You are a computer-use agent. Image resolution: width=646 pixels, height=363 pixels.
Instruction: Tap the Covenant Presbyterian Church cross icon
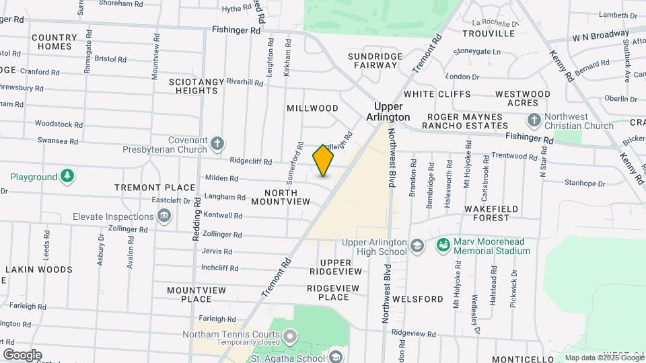click(217, 143)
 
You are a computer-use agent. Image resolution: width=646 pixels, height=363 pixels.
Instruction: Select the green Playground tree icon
click(67, 177)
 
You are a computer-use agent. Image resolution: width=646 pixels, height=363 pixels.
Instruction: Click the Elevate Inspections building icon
click(164, 216)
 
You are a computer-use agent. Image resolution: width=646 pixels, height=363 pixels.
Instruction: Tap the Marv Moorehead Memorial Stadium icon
click(443, 245)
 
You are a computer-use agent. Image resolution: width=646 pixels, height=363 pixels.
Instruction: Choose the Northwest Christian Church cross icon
click(534, 120)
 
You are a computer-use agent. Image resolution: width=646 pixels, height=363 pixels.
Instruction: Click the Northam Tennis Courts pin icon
click(290, 335)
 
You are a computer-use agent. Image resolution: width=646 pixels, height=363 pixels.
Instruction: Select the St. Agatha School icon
click(335, 358)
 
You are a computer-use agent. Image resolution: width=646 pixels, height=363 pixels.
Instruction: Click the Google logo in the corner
click(22, 355)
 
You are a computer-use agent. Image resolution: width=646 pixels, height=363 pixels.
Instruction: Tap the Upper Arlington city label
click(388, 112)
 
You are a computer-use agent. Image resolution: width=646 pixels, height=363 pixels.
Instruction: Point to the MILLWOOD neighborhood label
click(312, 108)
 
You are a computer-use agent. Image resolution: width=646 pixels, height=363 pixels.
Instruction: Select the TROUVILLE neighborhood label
click(489, 34)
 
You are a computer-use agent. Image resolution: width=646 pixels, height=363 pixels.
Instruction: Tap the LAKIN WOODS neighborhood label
click(39, 270)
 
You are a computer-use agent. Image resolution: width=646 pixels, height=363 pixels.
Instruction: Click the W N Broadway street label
click(600, 35)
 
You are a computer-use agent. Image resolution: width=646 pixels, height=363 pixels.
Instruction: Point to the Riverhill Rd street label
click(245, 82)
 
